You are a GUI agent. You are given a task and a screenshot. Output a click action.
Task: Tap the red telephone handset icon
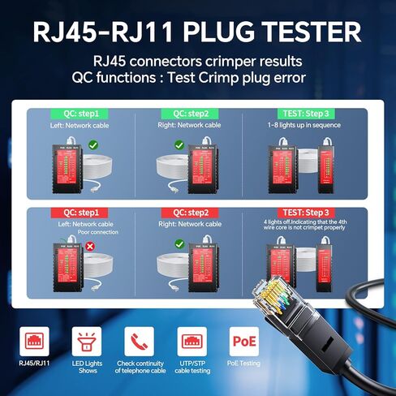coord(136,341)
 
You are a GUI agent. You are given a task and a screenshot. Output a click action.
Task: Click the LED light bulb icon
coord(83,341)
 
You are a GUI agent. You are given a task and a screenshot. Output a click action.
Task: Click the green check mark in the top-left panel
coord(93,145)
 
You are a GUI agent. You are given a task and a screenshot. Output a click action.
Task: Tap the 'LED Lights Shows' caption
coord(83,368)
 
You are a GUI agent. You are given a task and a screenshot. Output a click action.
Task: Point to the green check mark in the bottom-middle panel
coord(179,243)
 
